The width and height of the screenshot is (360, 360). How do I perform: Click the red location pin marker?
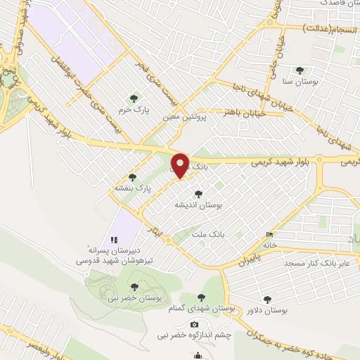[x=181, y=166]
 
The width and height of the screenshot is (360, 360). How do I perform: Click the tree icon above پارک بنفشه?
[x=131, y=177]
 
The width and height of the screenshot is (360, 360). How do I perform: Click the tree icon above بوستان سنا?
[x=300, y=70]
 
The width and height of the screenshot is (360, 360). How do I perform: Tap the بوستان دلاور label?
[x=268, y=309]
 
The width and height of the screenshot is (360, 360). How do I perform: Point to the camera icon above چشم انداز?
[x=194, y=324]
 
